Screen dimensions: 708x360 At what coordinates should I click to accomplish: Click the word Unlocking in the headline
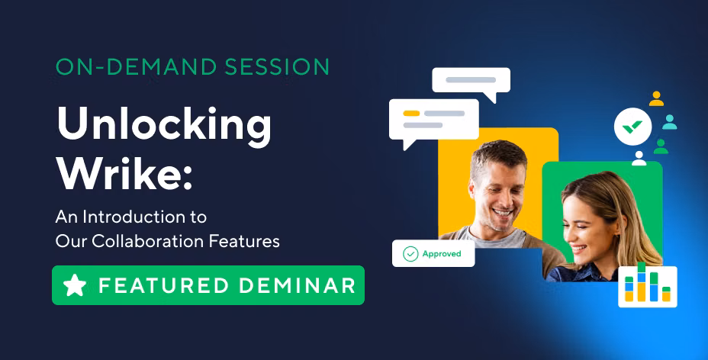[164, 124]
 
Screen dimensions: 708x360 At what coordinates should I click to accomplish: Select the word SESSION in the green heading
[277, 67]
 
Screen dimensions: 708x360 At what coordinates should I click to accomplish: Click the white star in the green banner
[75, 285]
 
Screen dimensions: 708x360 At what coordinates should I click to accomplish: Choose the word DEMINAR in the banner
[297, 285]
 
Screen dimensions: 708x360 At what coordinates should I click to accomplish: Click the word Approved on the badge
[442, 254]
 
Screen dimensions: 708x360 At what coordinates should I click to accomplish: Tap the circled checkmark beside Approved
[410, 254]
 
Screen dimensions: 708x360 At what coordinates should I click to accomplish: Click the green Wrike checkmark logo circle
[632, 127]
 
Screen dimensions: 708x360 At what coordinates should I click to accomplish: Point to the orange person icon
[656, 99]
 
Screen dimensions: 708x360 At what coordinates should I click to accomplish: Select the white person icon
[639, 159]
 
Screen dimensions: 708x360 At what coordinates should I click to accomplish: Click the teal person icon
[670, 122]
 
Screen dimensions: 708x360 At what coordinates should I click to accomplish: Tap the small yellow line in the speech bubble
[411, 113]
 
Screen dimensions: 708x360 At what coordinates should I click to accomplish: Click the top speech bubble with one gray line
[471, 82]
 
